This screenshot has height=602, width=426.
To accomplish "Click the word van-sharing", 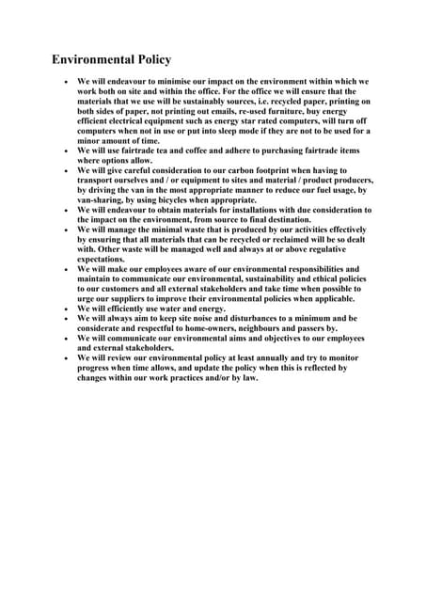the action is point(102,198).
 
